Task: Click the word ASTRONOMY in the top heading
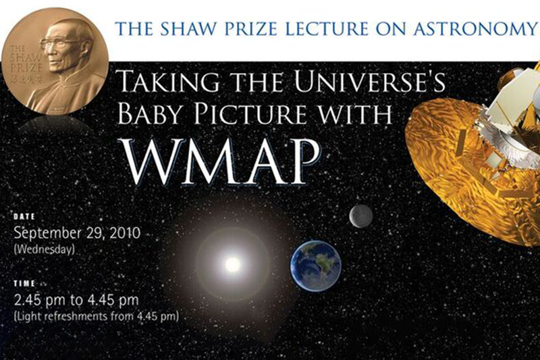[476, 29]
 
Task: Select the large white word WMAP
[222, 161]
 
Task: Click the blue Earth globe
[315, 266]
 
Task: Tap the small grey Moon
[361, 217]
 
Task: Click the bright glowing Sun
[232, 265]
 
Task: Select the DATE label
[24, 217]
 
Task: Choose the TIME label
[24, 284]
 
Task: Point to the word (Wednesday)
[44, 249]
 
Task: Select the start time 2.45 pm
[39, 300]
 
